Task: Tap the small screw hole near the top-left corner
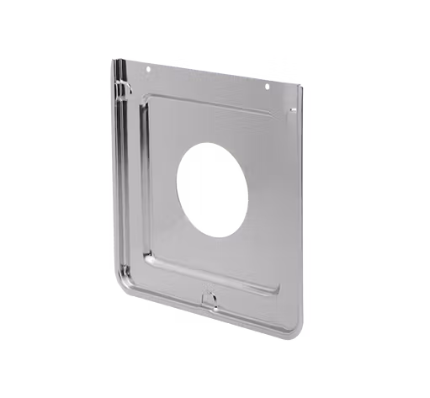click(149, 72)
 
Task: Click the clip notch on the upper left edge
click(124, 85)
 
